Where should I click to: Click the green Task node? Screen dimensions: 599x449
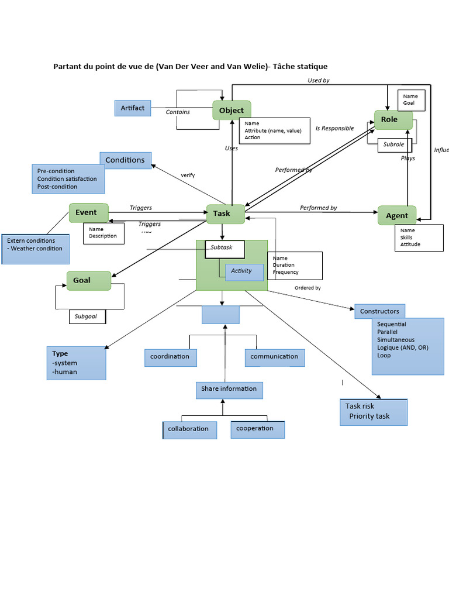(x=221, y=214)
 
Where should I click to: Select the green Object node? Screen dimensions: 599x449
(x=232, y=111)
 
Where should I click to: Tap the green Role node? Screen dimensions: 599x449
(x=389, y=120)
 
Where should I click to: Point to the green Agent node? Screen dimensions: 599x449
(x=397, y=216)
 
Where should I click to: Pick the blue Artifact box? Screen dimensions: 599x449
(x=132, y=108)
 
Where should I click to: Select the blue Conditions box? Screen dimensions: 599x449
(x=125, y=160)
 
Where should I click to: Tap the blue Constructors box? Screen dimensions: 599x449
(x=379, y=311)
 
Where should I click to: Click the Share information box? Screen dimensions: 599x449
(x=229, y=389)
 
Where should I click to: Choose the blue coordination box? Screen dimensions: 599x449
(x=170, y=357)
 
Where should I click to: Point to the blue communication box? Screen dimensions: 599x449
(x=274, y=357)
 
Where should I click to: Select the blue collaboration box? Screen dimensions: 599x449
(x=189, y=429)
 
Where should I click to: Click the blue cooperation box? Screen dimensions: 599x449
(x=257, y=429)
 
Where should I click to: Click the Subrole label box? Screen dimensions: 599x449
(x=394, y=144)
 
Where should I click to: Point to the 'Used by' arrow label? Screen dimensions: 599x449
(x=319, y=80)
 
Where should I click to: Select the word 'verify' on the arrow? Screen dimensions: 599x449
(x=188, y=175)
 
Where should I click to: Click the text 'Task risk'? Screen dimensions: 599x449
(x=360, y=406)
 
